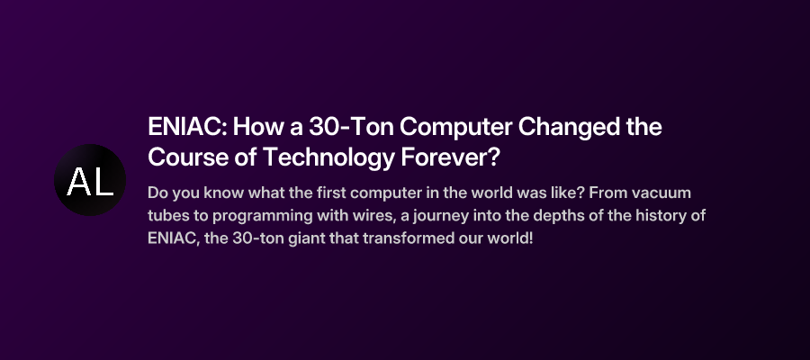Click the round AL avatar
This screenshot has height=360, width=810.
point(90,180)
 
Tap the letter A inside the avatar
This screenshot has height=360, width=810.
point(78,182)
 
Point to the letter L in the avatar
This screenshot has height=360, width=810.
point(103,182)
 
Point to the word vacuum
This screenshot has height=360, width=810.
point(660,193)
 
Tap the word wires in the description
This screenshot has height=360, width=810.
point(348,217)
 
